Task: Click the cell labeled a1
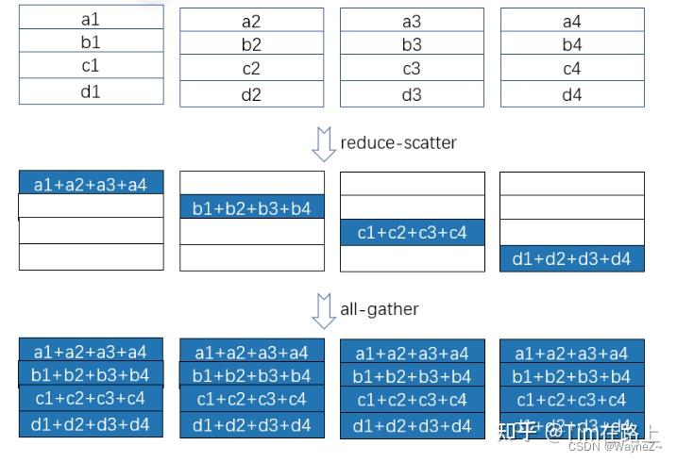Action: pyautogui.click(x=91, y=17)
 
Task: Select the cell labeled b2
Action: pyautogui.click(x=251, y=44)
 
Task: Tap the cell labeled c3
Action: pyautogui.click(x=412, y=69)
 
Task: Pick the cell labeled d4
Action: pyautogui.click(x=571, y=94)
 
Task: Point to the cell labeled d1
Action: pyautogui.click(x=91, y=91)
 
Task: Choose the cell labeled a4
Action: pyautogui.click(x=571, y=21)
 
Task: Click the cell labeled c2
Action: pyautogui.click(x=251, y=69)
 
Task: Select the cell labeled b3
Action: pyautogui.click(x=412, y=44)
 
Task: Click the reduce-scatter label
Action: pyautogui.click(x=398, y=143)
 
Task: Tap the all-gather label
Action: pyautogui.click(x=379, y=308)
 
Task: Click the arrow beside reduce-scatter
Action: pyautogui.click(x=324, y=145)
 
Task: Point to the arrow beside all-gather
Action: pyautogui.click(x=324, y=310)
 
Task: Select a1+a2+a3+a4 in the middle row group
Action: pyautogui.click(x=91, y=184)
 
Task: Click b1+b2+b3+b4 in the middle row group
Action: pyautogui.click(x=251, y=207)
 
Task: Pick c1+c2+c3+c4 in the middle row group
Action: pyautogui.click(x=412, y=232)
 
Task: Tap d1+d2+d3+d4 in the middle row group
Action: pyautogui.click(x=571, y=258)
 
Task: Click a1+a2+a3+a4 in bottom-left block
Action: pyautogui.click(x=91, y=352)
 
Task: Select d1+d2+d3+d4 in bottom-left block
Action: pyautogui.click(x=91, y=424)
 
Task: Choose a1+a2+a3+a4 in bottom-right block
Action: pyautogui.click(x=571, y=354)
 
